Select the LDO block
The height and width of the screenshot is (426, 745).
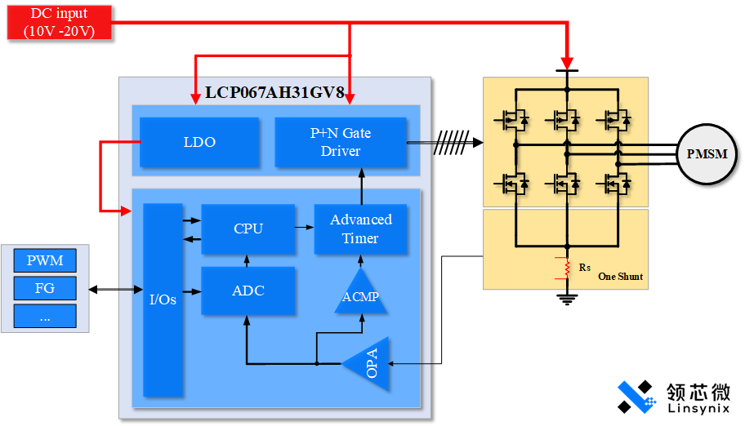click(199, 142)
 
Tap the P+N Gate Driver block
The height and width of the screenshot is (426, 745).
click(341, 142)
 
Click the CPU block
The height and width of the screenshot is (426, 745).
click(248, 229)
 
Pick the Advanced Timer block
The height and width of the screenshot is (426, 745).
click(360, 229)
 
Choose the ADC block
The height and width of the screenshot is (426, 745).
click(248, 291)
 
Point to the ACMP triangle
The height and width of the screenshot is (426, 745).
click(360, 295)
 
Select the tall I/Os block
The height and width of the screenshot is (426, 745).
click(163, 300)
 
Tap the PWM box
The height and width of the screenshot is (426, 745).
click(45, 261)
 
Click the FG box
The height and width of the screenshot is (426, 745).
click(45, 288)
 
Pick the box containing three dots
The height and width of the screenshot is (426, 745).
click(45, 316)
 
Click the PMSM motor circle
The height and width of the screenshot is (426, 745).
click(707, 153)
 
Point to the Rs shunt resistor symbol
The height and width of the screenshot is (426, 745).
click(562, 268)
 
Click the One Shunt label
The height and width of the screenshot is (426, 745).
click(620, 277)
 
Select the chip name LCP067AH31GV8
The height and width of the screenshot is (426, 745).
click(274, 92)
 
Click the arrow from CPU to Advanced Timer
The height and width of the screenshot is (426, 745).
click(305, 229)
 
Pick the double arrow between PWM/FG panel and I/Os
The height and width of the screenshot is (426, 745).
click(116, 289)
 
